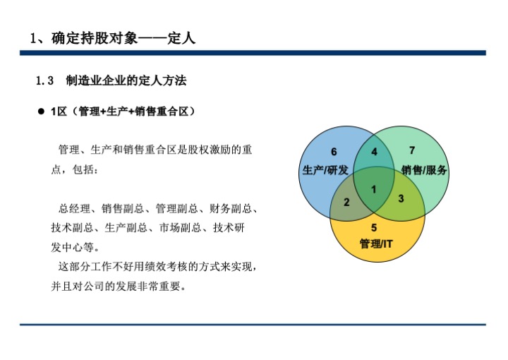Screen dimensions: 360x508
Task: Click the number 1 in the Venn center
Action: pyautogui.click(x=373, y=188)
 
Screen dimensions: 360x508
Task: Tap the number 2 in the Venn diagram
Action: pyautogui.click(x=346, y=203)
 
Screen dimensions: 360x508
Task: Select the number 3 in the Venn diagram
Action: pyautogui.click(x=401, y=199)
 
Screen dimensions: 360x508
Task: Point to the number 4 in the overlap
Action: pyautogui.click(x=374, y=152)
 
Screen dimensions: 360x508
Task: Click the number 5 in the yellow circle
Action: pyautogui.click(x=374, y=227)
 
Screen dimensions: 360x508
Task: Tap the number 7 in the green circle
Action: pyautogui.click(x=412, y=150)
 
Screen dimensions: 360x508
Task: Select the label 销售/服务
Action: pyautogui.click(x=424, y=170)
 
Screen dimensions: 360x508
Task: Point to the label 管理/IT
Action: pyautogui.click(x=375, y=244)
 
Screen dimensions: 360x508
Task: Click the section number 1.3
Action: pyautogui.click(x=45, y=82)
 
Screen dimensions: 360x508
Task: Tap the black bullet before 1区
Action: pyautogui.click(x=41, y=112)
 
